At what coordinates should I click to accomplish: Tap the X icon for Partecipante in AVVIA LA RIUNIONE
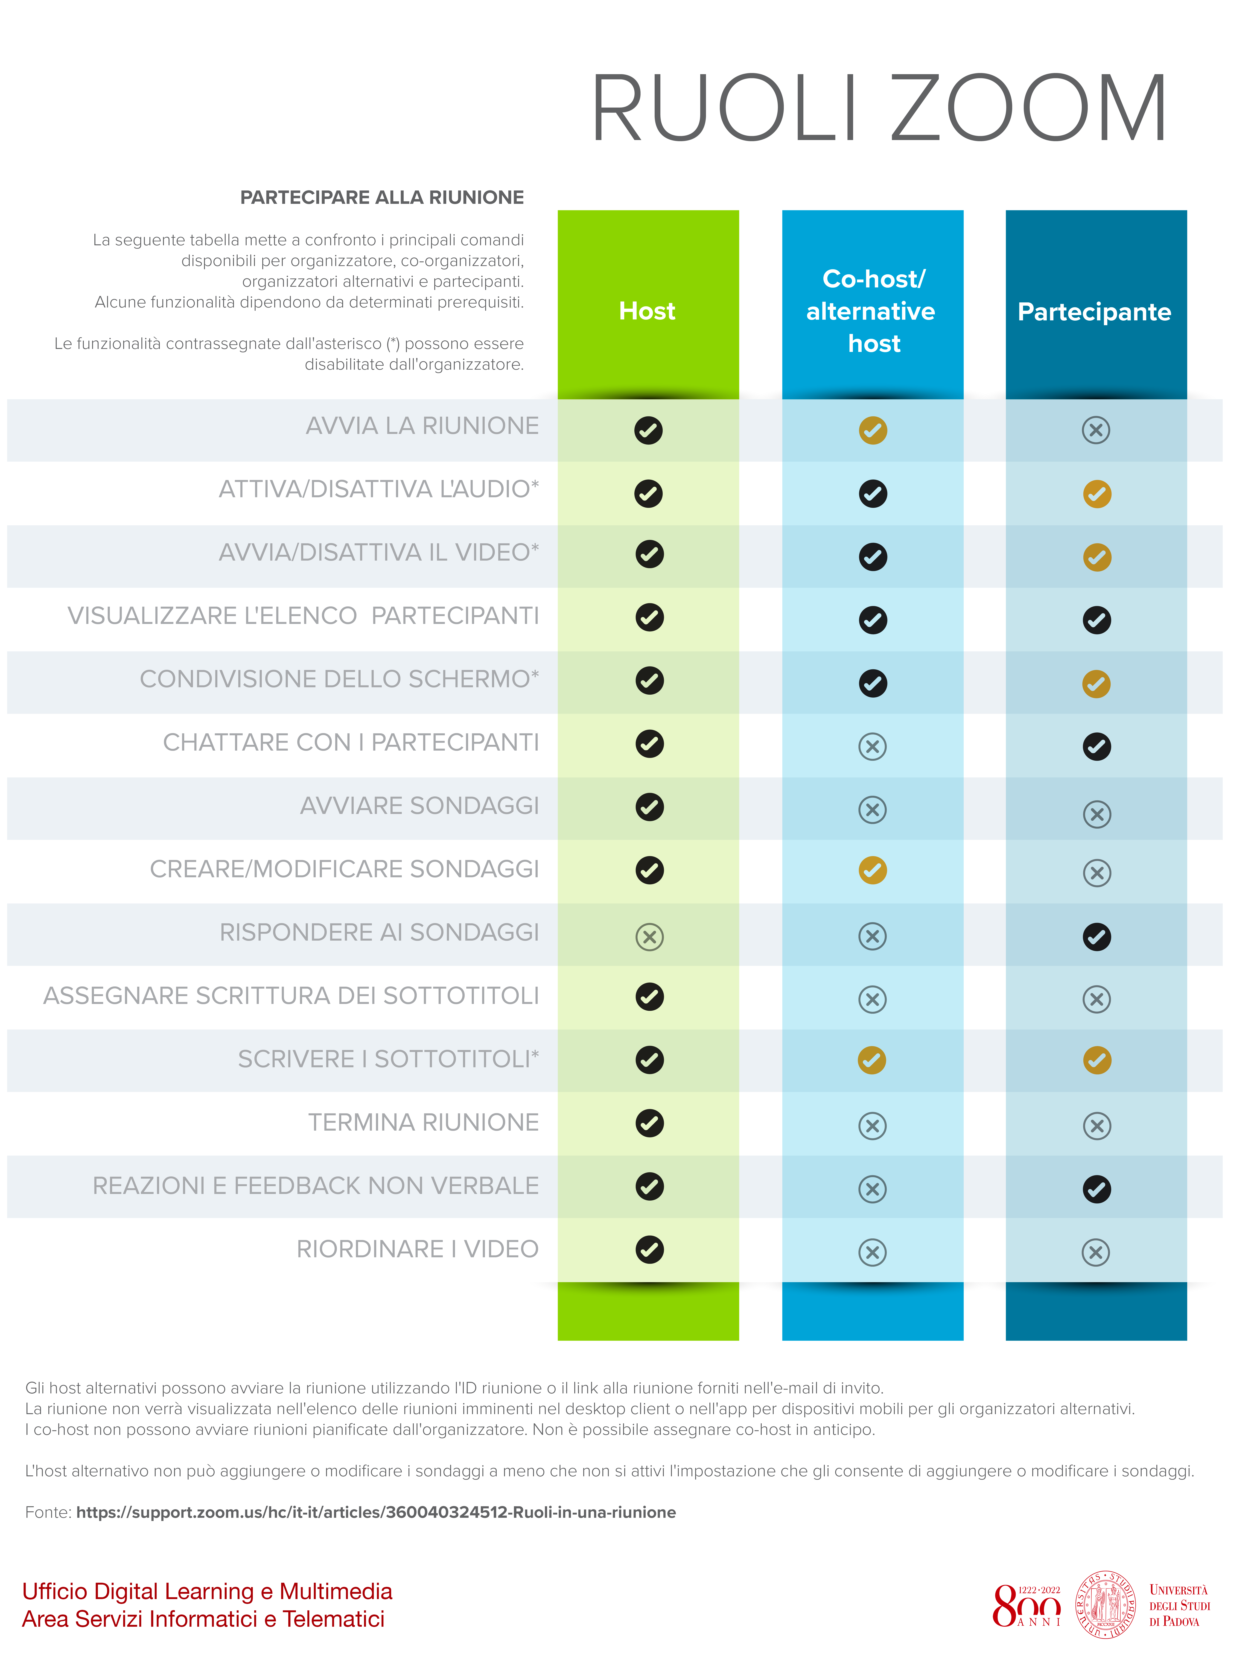tap(1095, 430)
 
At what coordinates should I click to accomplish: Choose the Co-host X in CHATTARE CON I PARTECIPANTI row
tap(872, 746)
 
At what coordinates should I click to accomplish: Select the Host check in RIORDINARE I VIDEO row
tap(649, 1249)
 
